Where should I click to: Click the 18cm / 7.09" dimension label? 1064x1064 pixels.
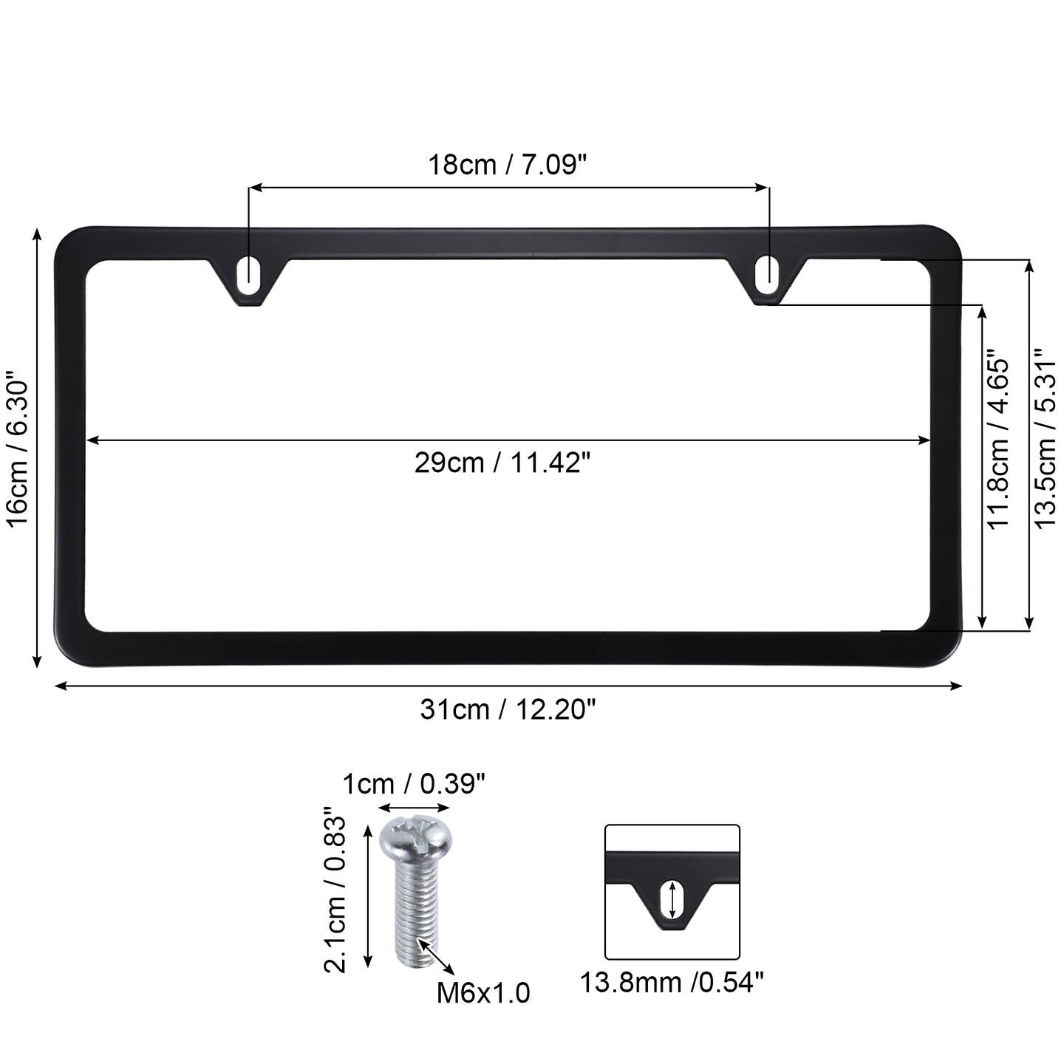pyautogui.click(x=507, y=165)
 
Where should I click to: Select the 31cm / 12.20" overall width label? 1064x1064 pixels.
pyautogui.click(x=508, y=709)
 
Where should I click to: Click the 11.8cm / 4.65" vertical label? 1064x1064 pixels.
pyautogui.click(x=998, y=440)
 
